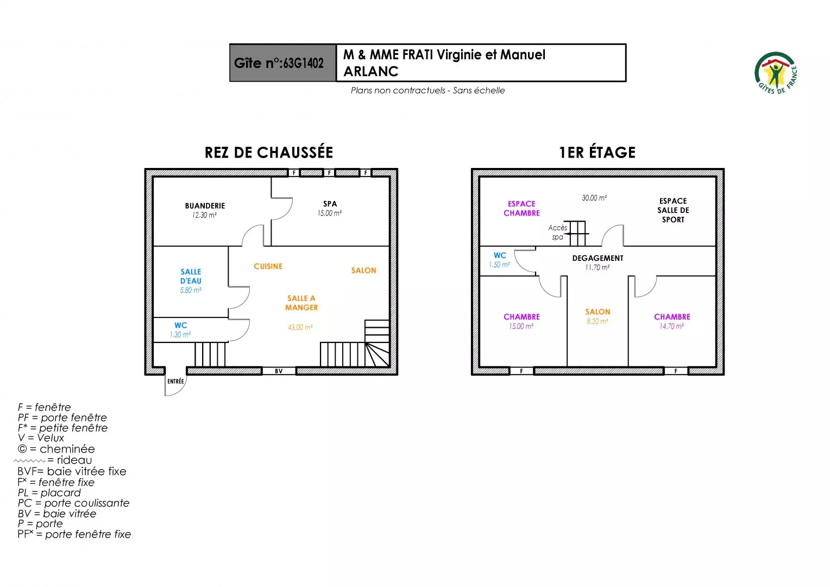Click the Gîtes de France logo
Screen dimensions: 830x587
[x=776, y=73]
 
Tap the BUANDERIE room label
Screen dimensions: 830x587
[x=205, y=206]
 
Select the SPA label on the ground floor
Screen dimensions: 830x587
[x=330, y=204]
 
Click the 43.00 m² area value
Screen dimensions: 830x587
[x=300, y=327]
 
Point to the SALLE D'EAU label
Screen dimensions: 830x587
[x=191, y=276]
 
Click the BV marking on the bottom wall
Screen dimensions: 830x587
[x=279, y=371]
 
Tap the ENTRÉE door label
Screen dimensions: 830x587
[x=175, y=381]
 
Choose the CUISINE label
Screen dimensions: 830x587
[x=268, y=266]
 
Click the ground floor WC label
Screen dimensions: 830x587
[x=181, y=325]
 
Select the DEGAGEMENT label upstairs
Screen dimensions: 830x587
[x=598, y=258]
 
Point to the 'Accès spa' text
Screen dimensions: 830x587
[x=558, y=232]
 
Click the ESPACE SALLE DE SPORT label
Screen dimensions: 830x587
[x=673, y=210]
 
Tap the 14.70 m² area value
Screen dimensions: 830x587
[x=671, y=326]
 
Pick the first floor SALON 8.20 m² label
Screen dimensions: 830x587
[x=598, y=316]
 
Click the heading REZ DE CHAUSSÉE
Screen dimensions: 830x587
[x=269, y=152]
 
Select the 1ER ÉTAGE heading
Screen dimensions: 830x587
[x=598, y=152]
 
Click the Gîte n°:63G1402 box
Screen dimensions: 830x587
[x=282, y=63]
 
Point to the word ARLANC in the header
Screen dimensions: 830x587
[x=371, y=72]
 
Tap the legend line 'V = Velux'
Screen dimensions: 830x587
[x=41, y=438]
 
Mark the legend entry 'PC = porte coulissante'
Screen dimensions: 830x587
[x=73, y=503]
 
